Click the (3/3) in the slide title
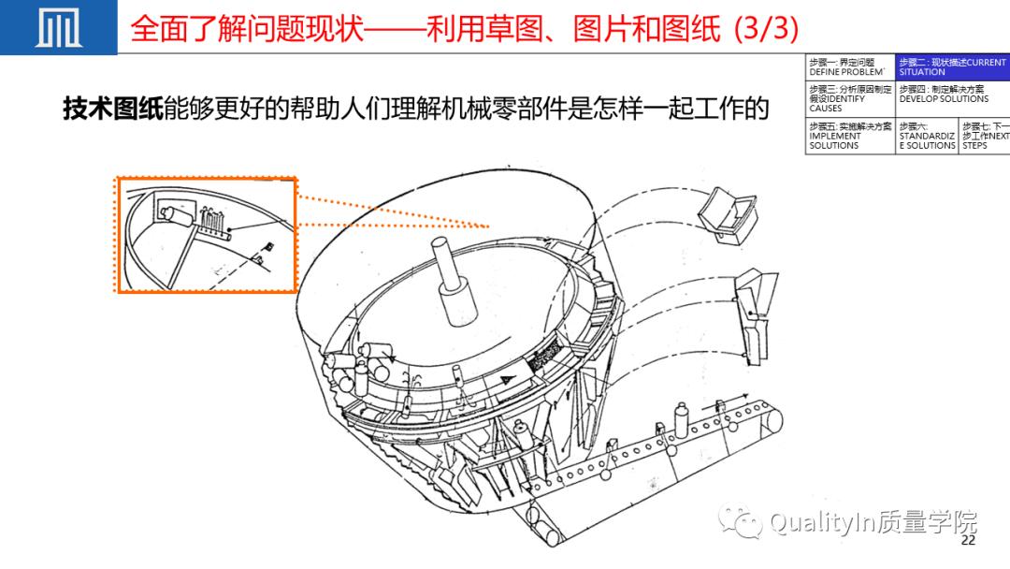(x=767, y=28)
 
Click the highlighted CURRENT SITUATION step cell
(x=951, y=66)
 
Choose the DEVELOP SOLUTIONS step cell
(x=951, y=94)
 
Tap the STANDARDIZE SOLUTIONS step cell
(x=927, y=136)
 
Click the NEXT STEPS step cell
(x=985, y=136)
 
